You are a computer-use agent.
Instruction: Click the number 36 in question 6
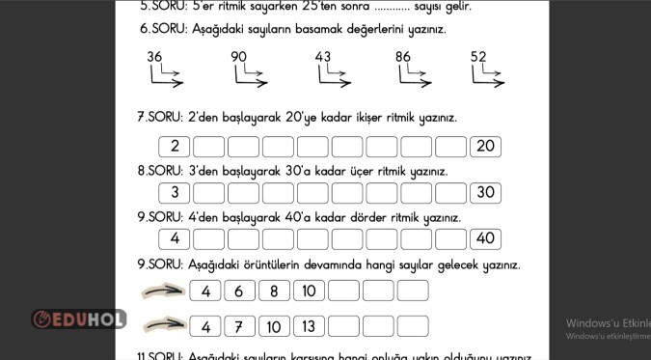[x=154, y=57]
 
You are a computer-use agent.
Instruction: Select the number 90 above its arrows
[x=239, y=57]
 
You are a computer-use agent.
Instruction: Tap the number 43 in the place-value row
[x=323, y=57]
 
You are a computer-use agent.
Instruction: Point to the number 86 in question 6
[x=403, y=57]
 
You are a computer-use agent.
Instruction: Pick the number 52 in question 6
[x=478, y=57]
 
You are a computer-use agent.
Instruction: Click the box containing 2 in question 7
[x=175, y=147]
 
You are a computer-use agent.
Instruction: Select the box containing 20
[x=485, y=147]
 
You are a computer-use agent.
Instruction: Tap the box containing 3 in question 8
[x=175, y=192]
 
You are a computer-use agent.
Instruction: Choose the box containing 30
[x=485, y=192]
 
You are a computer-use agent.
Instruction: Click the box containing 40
[x=485, y=238]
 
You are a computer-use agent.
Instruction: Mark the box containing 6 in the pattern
[x=239, y=291]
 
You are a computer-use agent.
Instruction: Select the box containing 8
[x=274, y=291]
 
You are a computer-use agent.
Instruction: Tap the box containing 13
[x=309, y=326]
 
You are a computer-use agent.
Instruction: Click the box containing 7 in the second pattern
[x=239, y=326]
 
